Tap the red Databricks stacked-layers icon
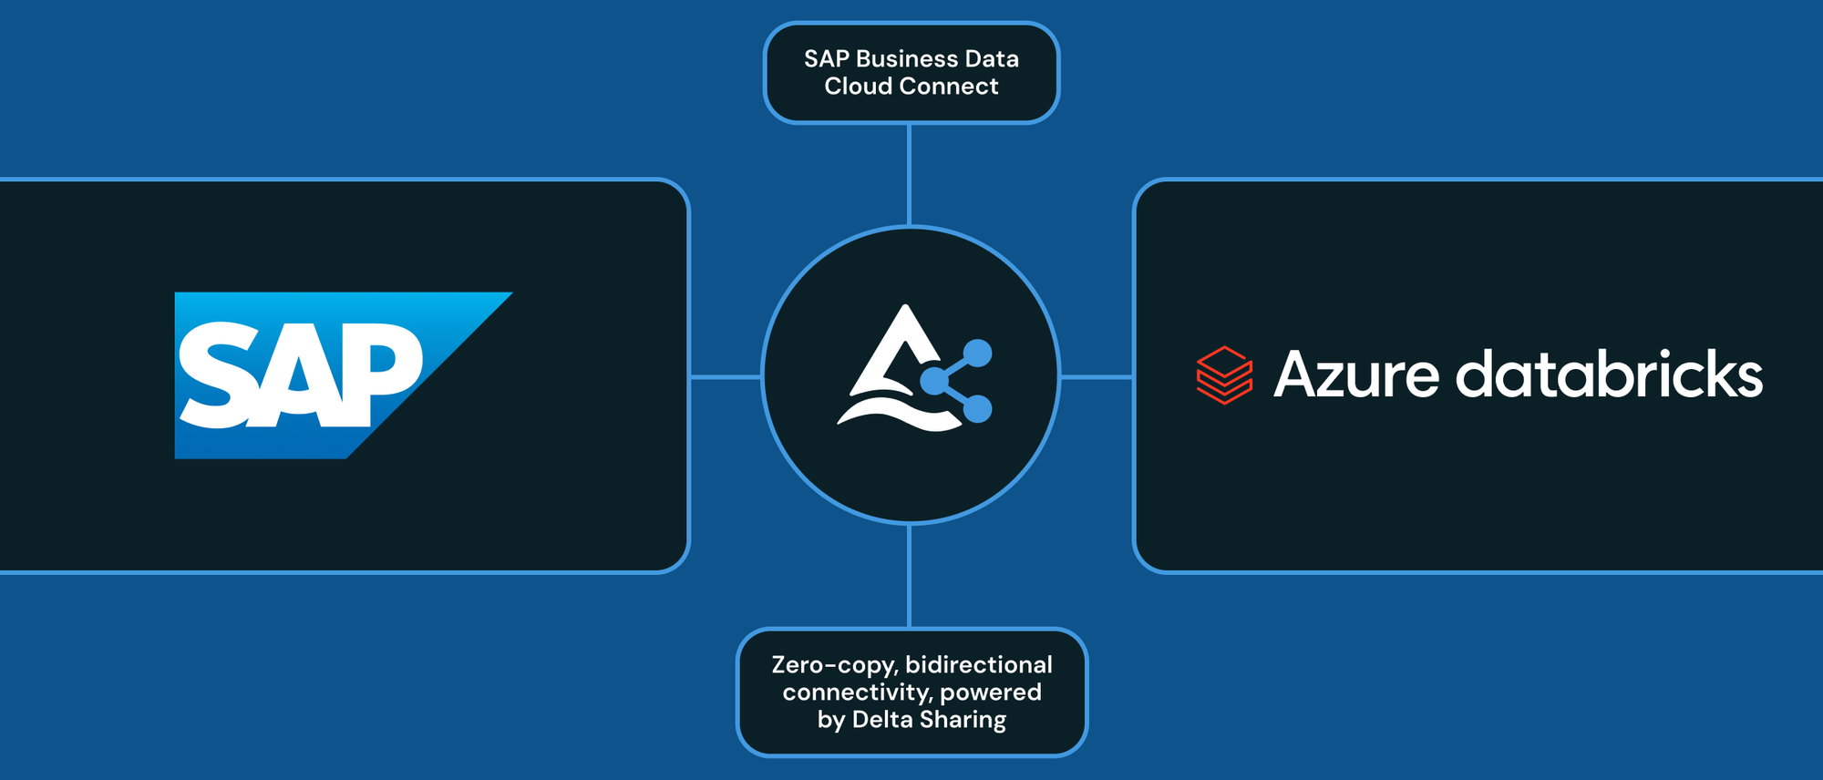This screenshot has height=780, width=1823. (1224, 375)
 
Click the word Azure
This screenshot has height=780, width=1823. (1356, 375)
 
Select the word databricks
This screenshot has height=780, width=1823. (1609, 375)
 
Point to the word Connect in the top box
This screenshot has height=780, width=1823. (956, 87)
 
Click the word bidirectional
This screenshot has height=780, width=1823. (979, 665)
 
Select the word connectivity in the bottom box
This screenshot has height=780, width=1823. (857, 693)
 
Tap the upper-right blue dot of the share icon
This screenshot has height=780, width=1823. (977, 354)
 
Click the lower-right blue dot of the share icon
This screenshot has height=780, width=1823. (977, 409)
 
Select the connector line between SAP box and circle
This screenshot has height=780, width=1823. (726, 376)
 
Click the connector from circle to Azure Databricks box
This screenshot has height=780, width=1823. (1097, 376)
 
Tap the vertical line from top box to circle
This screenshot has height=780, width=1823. (909, 174)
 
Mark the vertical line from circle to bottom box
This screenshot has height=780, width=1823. (909, 576)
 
